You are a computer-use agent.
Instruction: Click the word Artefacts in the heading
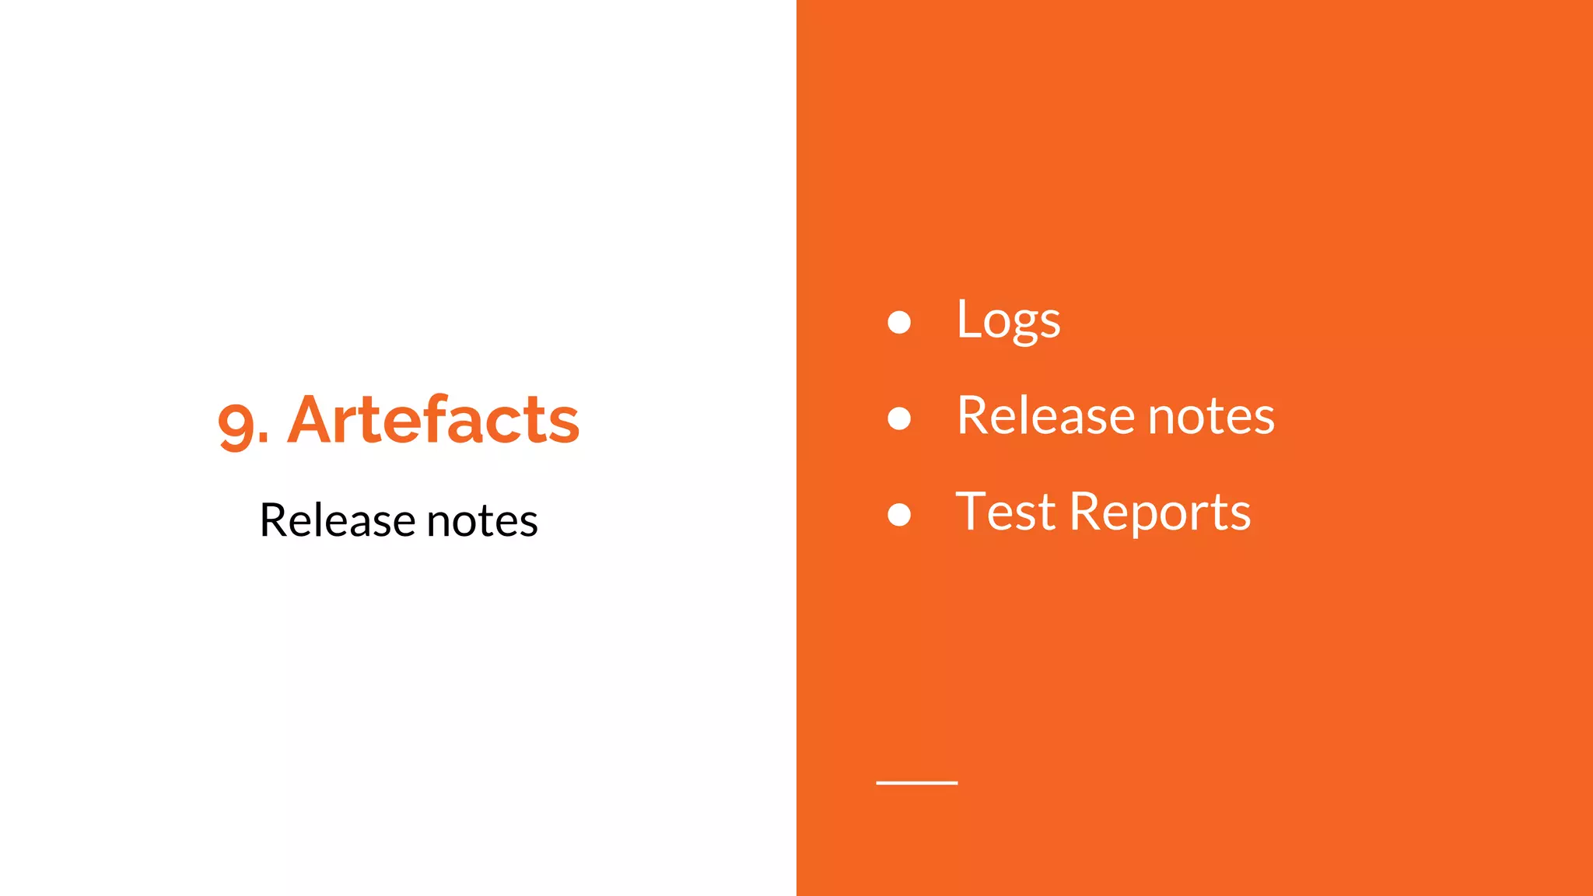433,421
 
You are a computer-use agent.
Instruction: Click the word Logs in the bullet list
1008,320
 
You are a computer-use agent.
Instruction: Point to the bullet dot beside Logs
899,322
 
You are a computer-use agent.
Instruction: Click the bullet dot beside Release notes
899,418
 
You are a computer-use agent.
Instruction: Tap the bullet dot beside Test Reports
899,515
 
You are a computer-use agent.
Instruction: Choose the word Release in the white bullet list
1045,416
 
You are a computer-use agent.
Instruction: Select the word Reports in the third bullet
1160,513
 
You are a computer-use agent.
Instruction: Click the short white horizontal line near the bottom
916,782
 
